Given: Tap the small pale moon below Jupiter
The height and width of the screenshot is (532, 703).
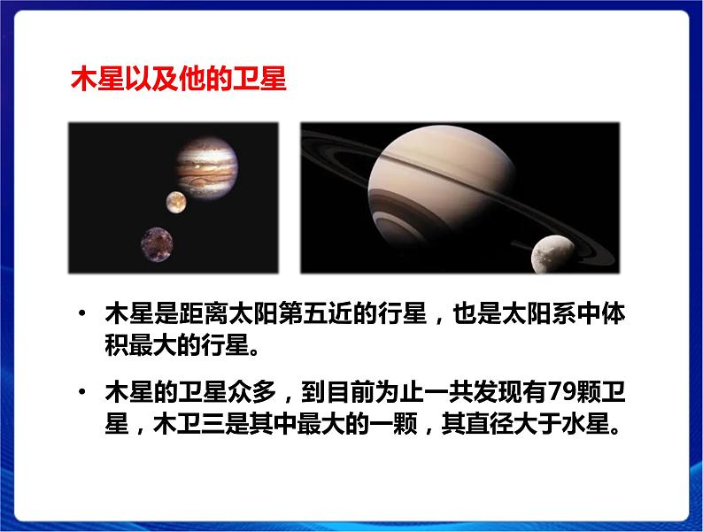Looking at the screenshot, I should pyautogui.click(x=174, y=201).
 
